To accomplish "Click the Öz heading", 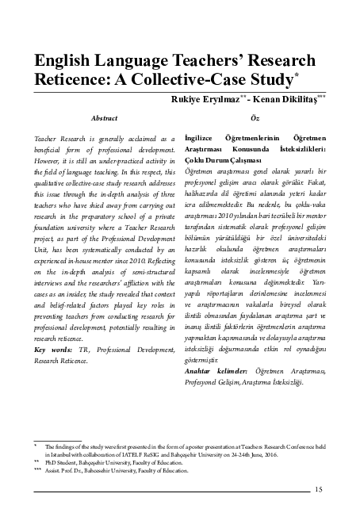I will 254,118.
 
